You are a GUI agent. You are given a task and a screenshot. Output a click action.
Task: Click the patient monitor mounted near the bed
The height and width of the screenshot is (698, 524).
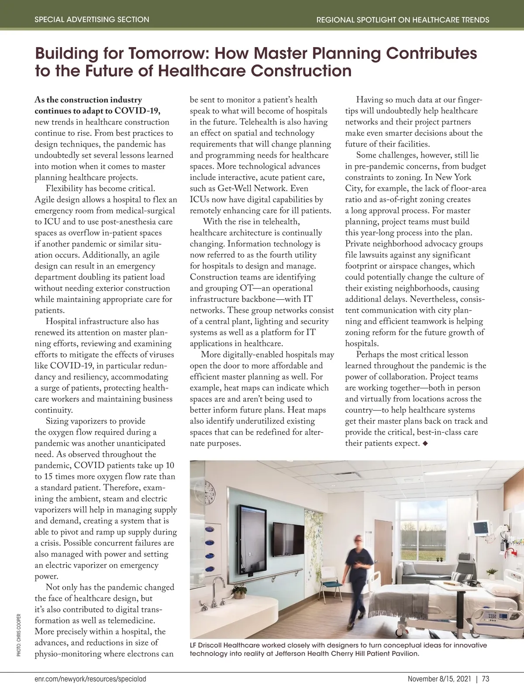point(481,528)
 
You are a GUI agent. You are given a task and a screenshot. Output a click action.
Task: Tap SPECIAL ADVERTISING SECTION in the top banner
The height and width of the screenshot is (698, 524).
point(92,20)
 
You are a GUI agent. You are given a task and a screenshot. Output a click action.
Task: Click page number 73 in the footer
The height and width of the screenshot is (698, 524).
point(485,679)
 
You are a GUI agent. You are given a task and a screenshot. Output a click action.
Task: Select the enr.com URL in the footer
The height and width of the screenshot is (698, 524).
point(90,679)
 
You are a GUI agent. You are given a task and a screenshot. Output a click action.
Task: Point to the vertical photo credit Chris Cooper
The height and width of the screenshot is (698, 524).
point(18,635)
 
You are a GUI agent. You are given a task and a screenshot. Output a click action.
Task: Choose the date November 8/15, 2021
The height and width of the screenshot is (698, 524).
point(439,679)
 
